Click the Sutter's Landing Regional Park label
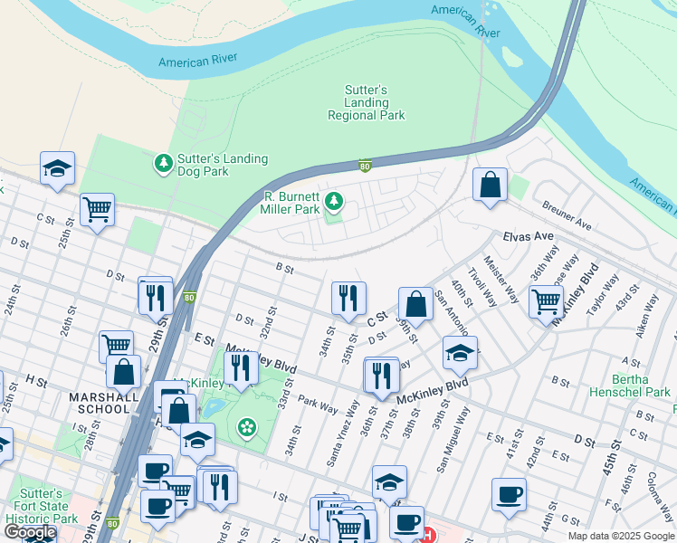366,103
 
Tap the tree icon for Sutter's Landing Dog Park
164,163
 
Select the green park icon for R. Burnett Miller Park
334,200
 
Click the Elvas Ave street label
528,235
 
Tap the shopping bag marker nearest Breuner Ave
490,185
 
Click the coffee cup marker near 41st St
509,493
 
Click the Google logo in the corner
30,532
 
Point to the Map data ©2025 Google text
621,536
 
